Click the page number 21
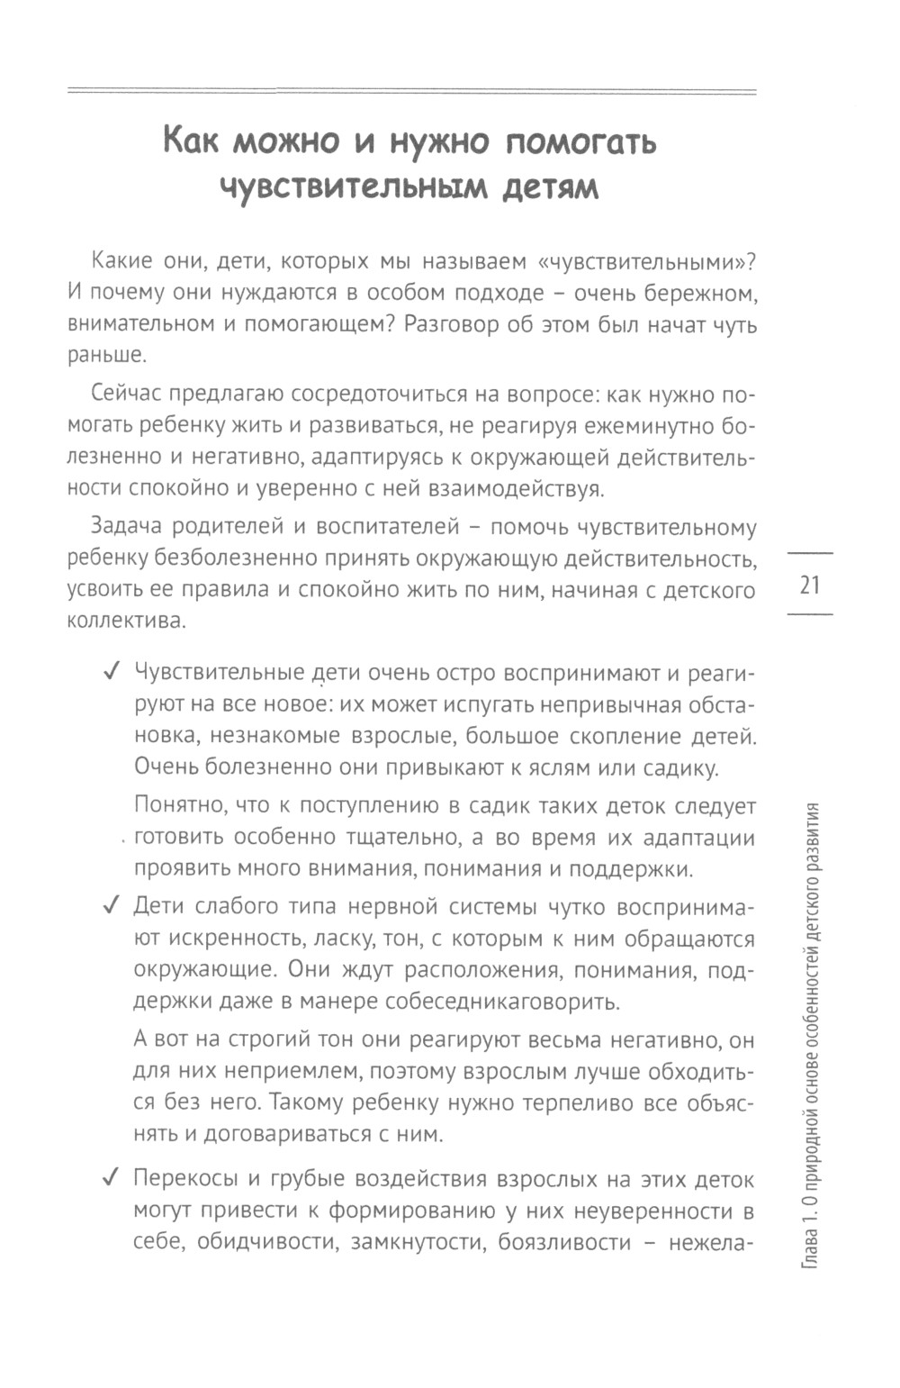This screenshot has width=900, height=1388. [x=810, y=585]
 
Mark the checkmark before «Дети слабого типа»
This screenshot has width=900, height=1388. [x=113, y=906]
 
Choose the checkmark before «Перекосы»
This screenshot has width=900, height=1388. [x=113, y=1179]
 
